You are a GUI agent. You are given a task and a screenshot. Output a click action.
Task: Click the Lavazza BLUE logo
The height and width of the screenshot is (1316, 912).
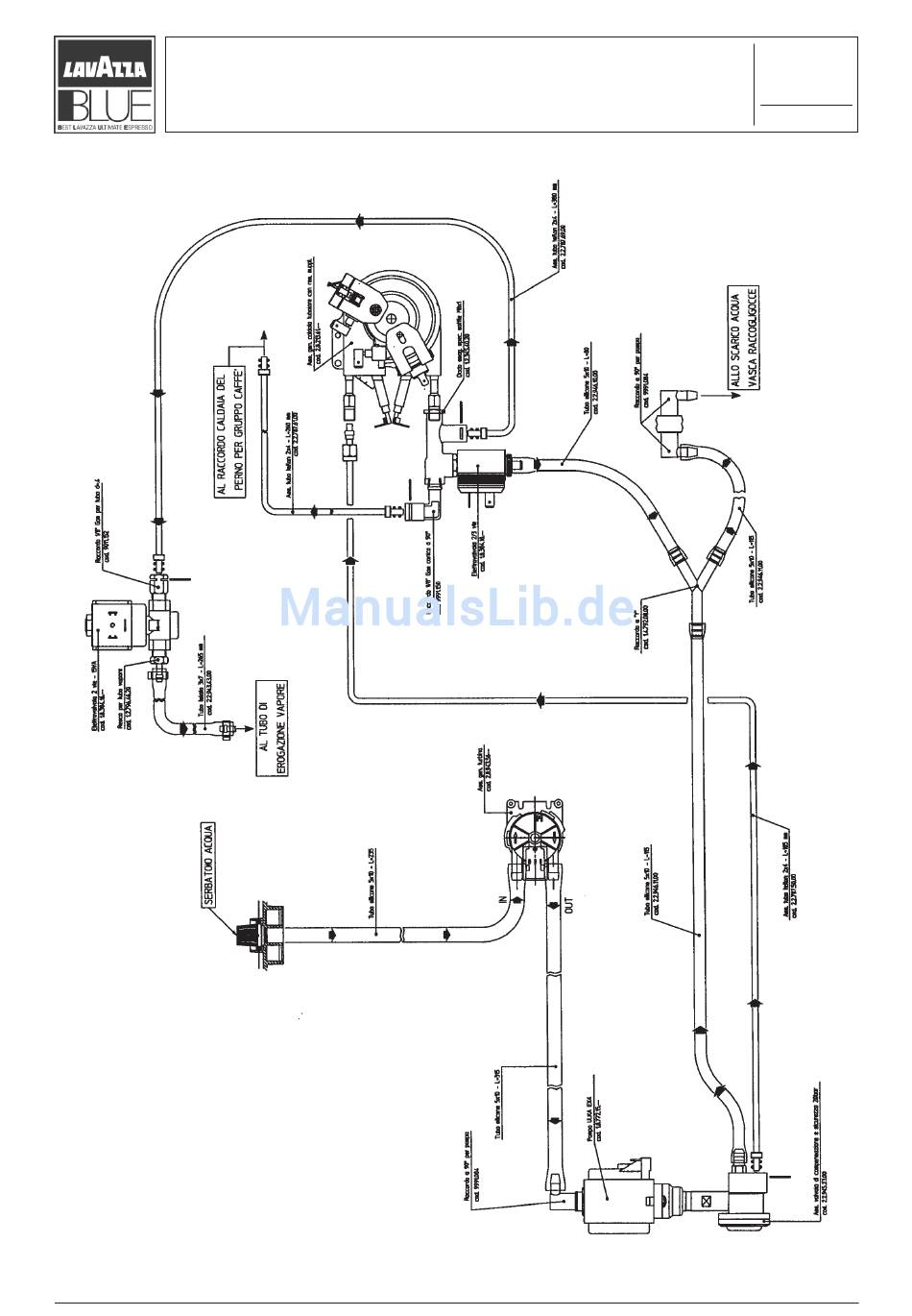tap(104, 85)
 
